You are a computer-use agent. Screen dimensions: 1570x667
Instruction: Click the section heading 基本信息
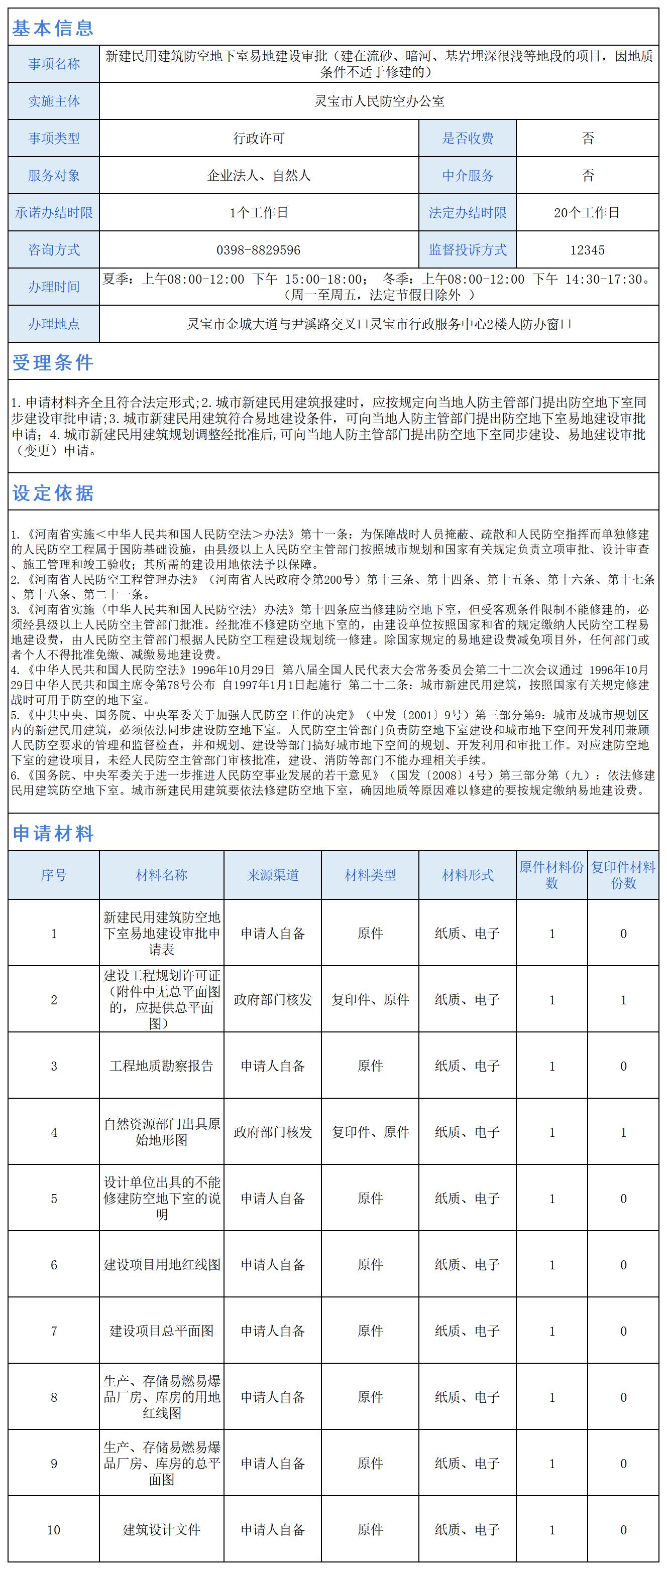(53, 28)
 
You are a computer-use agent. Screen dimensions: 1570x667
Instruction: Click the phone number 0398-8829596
(259, 250)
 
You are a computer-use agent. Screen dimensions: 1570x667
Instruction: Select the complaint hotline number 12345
(587, 250)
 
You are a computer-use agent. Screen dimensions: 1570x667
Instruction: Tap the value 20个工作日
(587, 213)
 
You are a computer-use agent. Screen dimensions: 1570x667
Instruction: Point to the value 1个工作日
(259, 213)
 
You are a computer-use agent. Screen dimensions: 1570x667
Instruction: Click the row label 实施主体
(54, 101)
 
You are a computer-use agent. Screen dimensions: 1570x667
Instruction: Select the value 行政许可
(259, 139)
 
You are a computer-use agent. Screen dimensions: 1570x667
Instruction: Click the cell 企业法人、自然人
(259, 176)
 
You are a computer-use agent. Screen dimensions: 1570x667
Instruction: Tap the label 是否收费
(468, 139)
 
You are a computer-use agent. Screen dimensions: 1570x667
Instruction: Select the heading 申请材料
(53, 833)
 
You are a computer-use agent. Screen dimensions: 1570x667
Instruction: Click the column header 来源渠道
(273, 875)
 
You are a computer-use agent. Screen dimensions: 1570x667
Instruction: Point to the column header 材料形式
(468, 875)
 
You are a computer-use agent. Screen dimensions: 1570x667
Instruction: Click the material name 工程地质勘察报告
(162, 1066)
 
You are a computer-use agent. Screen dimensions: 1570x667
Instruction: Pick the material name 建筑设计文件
(162, 1529)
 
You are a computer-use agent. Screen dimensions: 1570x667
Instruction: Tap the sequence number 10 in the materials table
(54, 1529)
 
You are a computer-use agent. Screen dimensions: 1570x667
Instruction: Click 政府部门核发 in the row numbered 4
(273, 1132)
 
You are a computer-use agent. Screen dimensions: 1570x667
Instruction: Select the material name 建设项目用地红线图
(162, 1265)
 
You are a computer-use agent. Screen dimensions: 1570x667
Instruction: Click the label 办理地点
(54, 324)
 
